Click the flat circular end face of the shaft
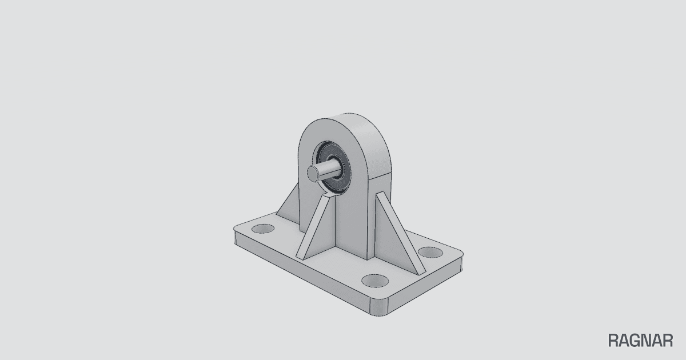[x=313, y=173]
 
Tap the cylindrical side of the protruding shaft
[x=329, y=169]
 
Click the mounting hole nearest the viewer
[x=375, y=281]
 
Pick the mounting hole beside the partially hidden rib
[x=263, y=229]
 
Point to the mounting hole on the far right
[x=430, y=253]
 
